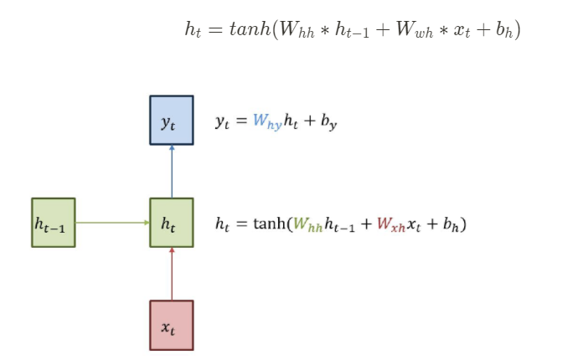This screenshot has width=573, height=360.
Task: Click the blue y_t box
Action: (171, 120)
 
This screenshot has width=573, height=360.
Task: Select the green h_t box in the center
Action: (171, 223)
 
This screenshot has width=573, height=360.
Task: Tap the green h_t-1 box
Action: (53, 223)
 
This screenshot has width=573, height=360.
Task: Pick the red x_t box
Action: (171, 325)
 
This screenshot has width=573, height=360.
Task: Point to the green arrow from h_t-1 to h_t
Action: (112, 223)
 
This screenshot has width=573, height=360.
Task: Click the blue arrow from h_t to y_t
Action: (171, 171)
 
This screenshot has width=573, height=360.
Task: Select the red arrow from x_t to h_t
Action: (171, 274)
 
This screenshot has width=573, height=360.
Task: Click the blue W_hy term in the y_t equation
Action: (267, 122)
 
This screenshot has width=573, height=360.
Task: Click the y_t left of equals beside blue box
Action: (222, 122)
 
